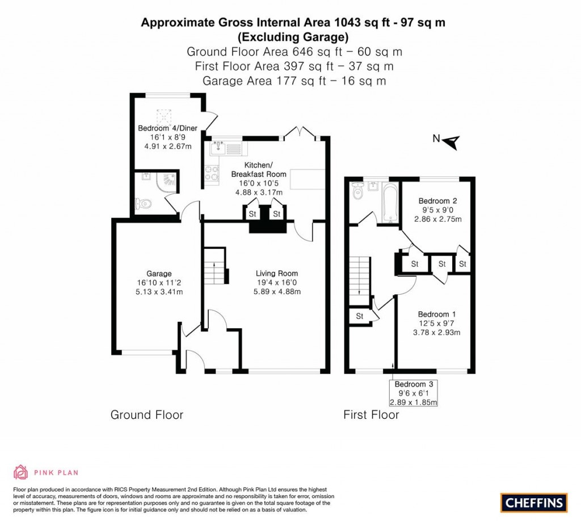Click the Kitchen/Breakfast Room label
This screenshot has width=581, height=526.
point(259,175)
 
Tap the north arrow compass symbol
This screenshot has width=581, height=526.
point(448,140)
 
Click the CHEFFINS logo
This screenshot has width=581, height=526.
point(534,502)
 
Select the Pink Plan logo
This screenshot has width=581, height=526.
point(45,472)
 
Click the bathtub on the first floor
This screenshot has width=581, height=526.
point(390,203)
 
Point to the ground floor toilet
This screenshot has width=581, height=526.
point(144,203)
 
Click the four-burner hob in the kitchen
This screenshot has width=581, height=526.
point(213,174)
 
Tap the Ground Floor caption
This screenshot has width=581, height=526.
point(146,415)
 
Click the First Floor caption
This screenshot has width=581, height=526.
point(371,415)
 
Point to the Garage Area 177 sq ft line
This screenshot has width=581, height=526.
point(294,81)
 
